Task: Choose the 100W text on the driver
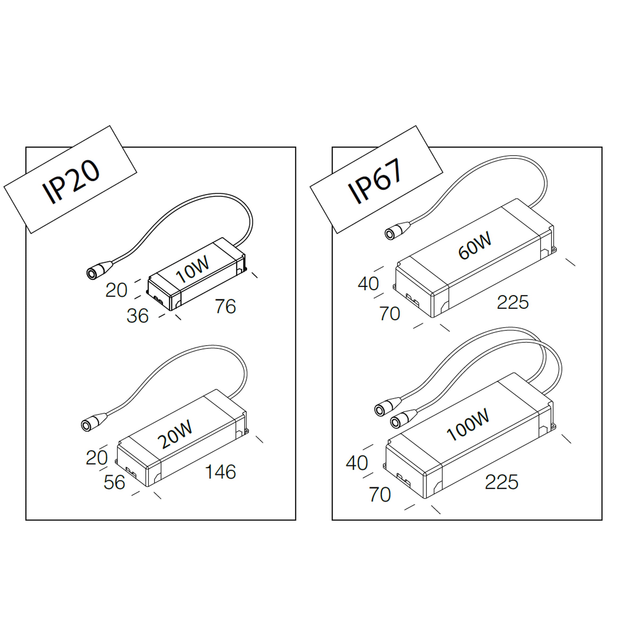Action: coord(468,425)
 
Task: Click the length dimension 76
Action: coord(225,306)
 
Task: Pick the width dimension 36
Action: coord(137,316)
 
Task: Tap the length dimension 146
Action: coord(220,472)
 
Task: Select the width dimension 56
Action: coord(114,482)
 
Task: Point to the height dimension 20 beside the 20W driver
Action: coord(97,458)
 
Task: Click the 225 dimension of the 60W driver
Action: coord(513,302)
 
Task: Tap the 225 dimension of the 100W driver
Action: coord(501,482)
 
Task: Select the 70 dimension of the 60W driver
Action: coord(390,314)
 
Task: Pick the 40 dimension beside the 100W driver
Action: coord(357,463)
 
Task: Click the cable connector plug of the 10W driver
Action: coord(92,274)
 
